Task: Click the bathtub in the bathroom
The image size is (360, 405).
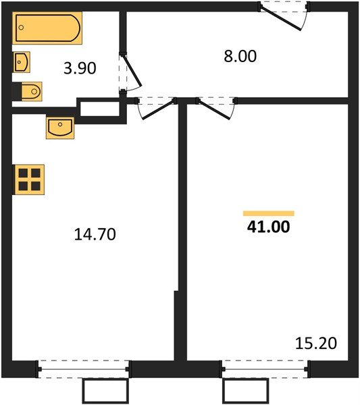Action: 47,28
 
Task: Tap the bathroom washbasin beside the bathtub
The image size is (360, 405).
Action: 22,62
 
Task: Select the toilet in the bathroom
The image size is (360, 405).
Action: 31,91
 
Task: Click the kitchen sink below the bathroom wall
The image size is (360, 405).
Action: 60,128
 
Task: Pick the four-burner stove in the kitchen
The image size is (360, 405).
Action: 29,180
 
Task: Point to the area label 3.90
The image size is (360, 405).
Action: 80,68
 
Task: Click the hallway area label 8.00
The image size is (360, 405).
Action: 240,56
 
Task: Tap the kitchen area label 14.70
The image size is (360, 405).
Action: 95,234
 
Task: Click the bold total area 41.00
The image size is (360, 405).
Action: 269,227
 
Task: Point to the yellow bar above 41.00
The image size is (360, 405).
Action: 269,213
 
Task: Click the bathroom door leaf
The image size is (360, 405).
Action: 132,70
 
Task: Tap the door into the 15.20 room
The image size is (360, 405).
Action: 214,109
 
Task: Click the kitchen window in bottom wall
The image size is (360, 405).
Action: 84,369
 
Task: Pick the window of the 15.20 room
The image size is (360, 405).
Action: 265,369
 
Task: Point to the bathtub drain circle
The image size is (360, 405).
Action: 22,27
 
